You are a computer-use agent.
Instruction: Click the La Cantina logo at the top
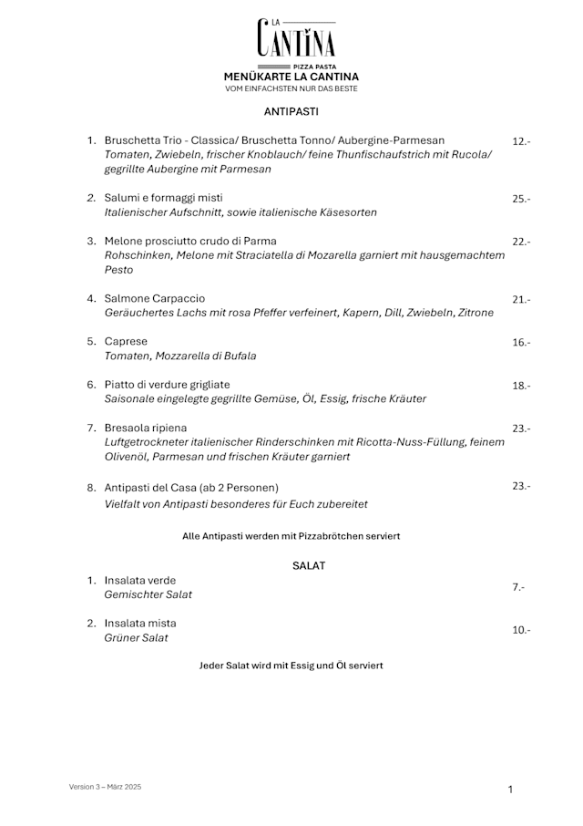(296, 41)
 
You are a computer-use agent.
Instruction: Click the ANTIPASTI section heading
(291, 111)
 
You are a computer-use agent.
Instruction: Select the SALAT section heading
(309, 565)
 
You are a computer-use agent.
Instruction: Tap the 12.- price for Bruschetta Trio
(521, 141)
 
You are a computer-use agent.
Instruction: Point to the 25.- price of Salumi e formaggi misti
(521, 199)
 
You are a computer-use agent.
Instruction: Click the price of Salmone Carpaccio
(521, 299)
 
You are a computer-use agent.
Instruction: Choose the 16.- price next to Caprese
(521, 342)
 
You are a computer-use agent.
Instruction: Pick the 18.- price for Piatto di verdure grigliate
(521, 386)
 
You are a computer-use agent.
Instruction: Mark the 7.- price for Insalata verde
(518, 587)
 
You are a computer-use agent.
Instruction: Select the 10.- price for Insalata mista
(521, 630)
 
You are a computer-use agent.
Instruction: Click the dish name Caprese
(126, 341)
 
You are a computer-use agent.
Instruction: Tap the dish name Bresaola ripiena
(146, 428)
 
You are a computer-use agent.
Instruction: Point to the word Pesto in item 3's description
(118, 270)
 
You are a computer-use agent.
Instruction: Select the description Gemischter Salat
(148, 594)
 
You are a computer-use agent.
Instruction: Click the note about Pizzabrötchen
(291, 536)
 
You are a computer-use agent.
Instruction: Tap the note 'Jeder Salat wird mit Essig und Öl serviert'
(291, 666)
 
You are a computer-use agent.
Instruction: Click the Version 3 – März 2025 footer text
(105, 786)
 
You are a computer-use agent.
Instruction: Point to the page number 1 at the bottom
(510, 790)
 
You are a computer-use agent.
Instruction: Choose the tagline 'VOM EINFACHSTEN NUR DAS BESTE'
(291, 88)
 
